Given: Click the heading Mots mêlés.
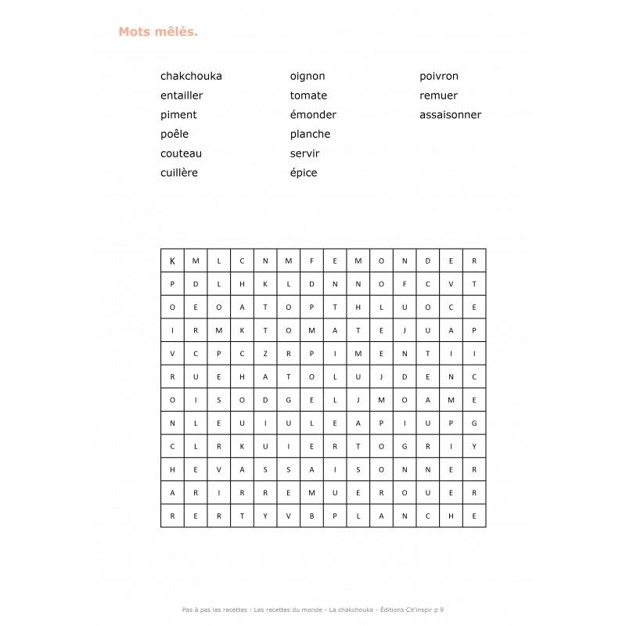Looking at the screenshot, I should [x=158, y=32].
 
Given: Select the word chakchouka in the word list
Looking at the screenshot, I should [x=191, y=76].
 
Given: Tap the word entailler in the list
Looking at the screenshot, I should [x=182, y=95].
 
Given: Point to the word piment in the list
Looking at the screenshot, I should [x=178, y=115].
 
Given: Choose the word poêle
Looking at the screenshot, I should [x=174, y=134].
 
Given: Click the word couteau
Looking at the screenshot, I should [x=181, y=153].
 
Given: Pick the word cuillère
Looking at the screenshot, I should [x=179, y=173].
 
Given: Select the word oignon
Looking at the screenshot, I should [x=308, y=76].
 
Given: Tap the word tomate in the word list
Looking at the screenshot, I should [x=308, y=95].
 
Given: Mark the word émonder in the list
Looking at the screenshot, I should [x=313, y=115].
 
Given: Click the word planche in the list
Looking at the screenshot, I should [x=310, y=134].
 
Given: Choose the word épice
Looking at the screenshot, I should [x=304, y=173].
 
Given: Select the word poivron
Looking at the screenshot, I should [x=439, y=76].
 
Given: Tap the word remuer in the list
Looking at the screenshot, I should [x=438, y=95].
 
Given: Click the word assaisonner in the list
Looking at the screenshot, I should [x=450, y=115].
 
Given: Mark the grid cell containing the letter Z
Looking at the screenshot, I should [x=265, y=354].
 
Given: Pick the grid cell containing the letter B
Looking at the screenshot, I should [x=311, y=516].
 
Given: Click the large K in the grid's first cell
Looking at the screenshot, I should [x=172, y=261].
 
